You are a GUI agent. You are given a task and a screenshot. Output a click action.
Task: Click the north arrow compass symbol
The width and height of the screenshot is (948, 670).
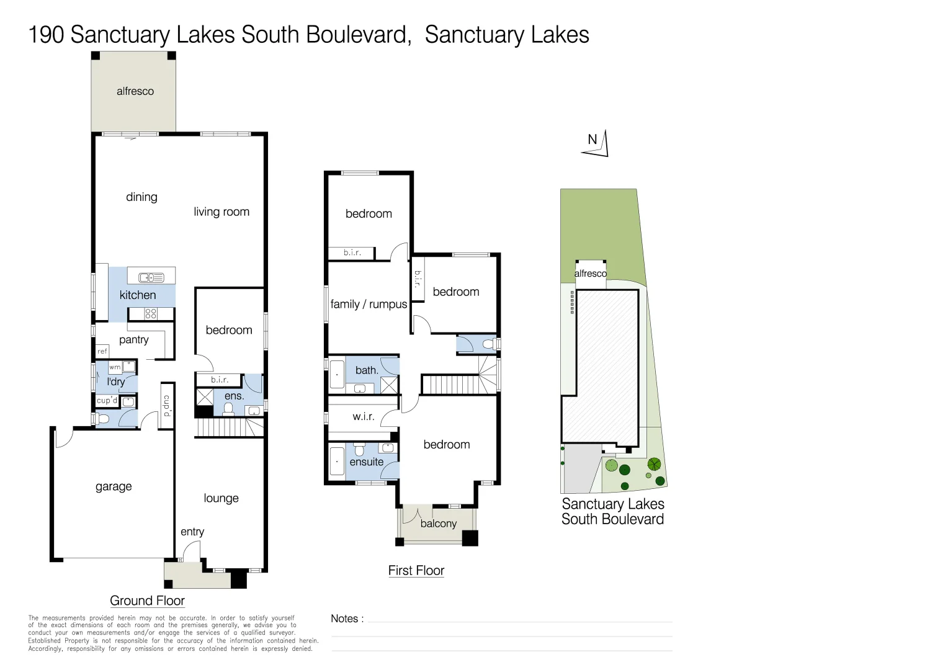pos(597,144)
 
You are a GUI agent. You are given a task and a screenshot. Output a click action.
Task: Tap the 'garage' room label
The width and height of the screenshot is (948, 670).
pos(114,487)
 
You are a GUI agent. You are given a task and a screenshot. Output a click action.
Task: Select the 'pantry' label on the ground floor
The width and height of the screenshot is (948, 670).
pos(134,340)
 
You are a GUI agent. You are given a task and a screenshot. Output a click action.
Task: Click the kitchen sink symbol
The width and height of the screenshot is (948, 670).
pos(151,277)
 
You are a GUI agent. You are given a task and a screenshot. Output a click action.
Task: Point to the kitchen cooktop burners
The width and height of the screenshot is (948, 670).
pos(151,314)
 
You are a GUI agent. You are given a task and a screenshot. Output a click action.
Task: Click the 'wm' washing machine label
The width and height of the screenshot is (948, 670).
pos(115,367)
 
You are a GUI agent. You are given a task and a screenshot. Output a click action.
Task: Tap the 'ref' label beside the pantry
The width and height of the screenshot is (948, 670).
pos(102,351)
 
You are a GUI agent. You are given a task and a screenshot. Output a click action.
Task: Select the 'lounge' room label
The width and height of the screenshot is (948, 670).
pos(221,498)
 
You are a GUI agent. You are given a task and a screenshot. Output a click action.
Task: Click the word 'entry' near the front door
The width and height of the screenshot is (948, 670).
pos(192,532)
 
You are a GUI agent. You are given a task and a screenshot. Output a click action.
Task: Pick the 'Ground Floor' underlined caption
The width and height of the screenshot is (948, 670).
pos(147,601)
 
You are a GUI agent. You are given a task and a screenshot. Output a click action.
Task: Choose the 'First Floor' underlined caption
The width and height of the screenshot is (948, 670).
pos(416,571)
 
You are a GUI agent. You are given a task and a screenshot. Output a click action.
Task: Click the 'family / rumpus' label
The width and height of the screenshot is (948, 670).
pos(369,304)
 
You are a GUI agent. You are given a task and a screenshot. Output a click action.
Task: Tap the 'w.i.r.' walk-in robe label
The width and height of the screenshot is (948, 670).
pos(364,416)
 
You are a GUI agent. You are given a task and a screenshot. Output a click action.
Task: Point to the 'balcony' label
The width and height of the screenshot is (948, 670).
pos(438,524)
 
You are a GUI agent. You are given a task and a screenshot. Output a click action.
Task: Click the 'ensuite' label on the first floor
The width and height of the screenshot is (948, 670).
pos(367,462)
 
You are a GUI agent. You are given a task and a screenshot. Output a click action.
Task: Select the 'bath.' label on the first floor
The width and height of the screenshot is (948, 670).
pos(367,370)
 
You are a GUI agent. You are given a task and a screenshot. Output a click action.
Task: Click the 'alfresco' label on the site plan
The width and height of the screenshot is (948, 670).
pos(590,274)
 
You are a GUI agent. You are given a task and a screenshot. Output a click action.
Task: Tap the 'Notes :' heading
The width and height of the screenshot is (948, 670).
pos(347,619)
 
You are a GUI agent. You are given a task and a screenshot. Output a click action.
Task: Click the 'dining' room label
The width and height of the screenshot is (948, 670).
pos(141,197)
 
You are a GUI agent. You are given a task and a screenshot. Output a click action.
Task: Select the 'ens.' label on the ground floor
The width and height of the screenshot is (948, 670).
pos(234,396)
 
